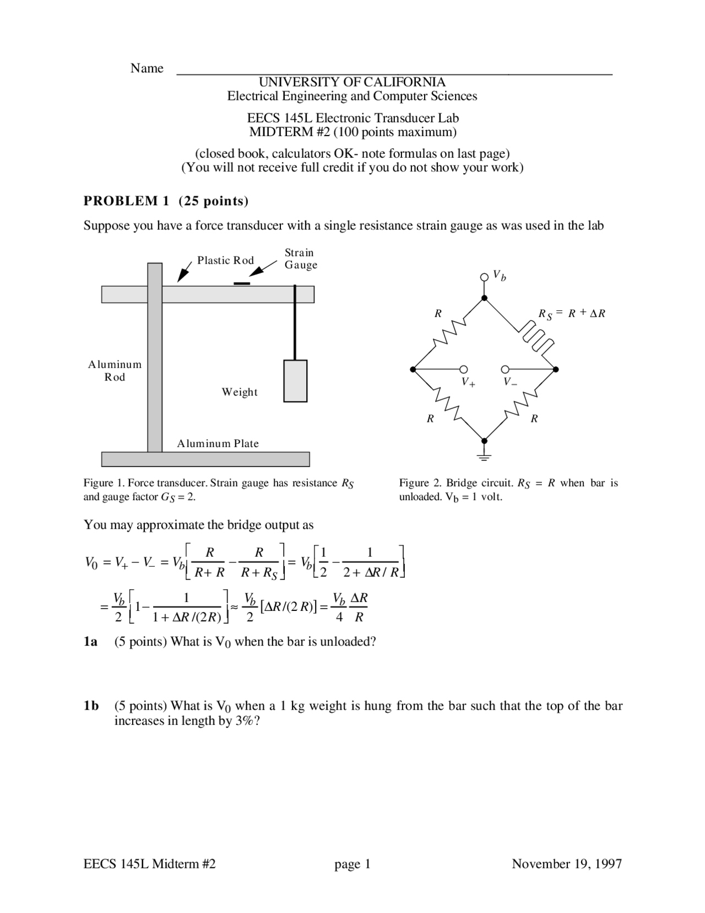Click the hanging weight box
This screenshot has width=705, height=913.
point(295,380)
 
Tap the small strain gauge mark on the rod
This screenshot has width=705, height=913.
point(241,283)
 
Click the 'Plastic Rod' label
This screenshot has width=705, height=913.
point(225,260)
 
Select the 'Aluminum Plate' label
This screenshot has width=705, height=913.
point(218,443)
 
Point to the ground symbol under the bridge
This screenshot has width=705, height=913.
point(484,454)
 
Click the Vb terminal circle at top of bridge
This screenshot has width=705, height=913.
point(484,276)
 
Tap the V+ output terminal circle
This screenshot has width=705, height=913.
point(464,369)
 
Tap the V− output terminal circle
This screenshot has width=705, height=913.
point(505,369)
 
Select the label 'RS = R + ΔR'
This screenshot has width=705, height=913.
point(571,314)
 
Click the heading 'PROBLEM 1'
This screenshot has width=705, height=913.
point(126,201)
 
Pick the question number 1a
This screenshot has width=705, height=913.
point(90,642)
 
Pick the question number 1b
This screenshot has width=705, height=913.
point(91,706)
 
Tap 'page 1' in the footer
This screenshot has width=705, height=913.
point(352,863)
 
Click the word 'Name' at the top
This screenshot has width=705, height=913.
point(147,68)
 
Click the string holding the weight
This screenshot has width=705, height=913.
point(295,322)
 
